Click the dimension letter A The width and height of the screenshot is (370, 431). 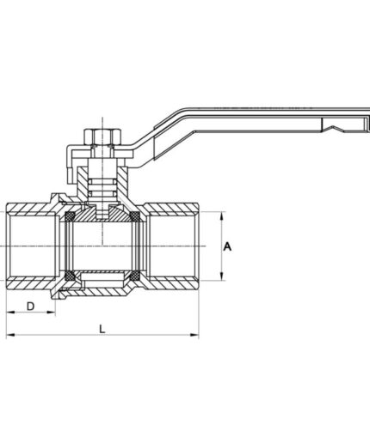[227, 246]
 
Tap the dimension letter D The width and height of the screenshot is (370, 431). [30, 306]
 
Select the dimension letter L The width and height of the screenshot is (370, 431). [103, 328]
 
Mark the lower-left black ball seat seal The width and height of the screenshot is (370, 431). [65, 276]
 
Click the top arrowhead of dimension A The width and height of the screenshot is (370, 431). [223, 215]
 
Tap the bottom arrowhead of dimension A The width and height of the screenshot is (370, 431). [223, 276]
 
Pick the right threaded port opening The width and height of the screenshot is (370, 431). [176, 246]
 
